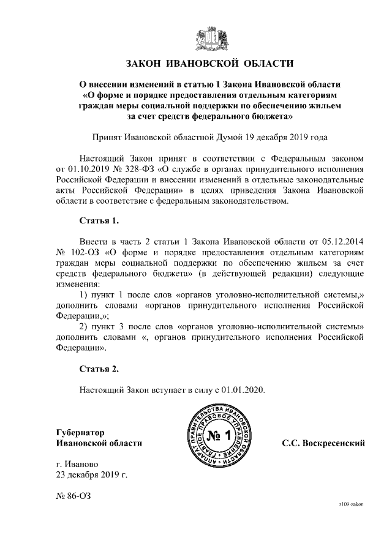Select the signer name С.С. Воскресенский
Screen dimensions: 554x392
coord(323,443)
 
